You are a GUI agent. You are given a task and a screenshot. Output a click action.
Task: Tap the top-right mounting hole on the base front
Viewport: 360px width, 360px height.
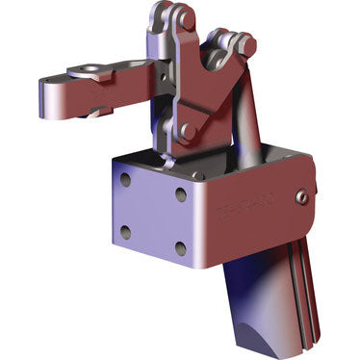coord(181,193)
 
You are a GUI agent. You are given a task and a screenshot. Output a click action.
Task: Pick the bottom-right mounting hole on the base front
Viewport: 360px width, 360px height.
coord(180,248)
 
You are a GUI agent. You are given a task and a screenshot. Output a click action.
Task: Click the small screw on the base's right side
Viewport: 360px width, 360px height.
coord(302,197)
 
